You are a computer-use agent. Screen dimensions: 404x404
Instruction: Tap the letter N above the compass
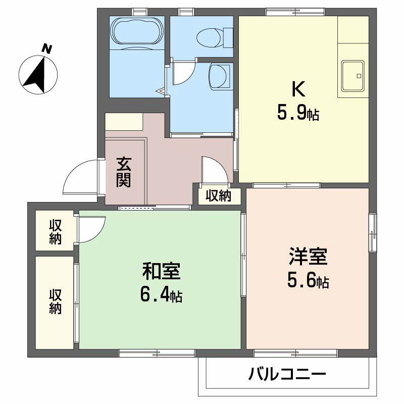click(x=47, y=49)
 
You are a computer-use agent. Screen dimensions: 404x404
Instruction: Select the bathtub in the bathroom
click(x=137, y=31)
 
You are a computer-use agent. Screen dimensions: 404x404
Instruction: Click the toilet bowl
click(x=210, y=36)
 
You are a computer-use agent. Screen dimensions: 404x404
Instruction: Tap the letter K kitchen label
click(x=298, y=89)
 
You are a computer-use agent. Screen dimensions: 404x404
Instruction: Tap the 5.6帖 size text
click(x=309, y=281)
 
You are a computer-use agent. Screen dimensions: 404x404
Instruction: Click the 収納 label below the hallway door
click(x=218, y=195)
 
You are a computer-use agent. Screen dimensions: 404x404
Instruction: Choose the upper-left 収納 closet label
click(x=55, y=232)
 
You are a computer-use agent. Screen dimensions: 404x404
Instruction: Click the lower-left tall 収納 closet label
click(x=55, y=301)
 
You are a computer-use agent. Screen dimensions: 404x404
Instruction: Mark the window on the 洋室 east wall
click(x=373, y=232)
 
